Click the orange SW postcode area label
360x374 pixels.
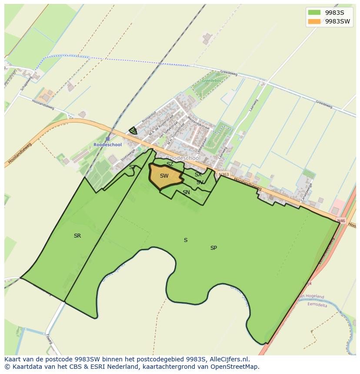click(164, 176)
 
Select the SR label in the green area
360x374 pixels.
click(77, 236)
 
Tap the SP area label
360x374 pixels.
click(213, 248)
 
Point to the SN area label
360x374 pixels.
click(186, 192)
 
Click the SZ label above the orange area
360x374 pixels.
click(170, 164)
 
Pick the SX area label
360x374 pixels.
click(198, 175)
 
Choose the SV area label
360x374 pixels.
click(200, 182)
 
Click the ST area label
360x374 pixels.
click(132, 167)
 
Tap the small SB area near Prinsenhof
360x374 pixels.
click(133, 131)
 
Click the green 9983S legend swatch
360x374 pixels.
click(314, 13)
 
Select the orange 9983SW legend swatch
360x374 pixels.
click(314, 21)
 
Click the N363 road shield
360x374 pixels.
click(223, 174)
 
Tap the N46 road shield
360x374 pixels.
click(341, 221)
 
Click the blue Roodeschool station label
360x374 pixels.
click(107, 145)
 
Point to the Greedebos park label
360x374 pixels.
click(211, 81)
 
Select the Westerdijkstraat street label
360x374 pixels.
click(199, 123)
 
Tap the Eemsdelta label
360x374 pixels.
click(317, 305)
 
